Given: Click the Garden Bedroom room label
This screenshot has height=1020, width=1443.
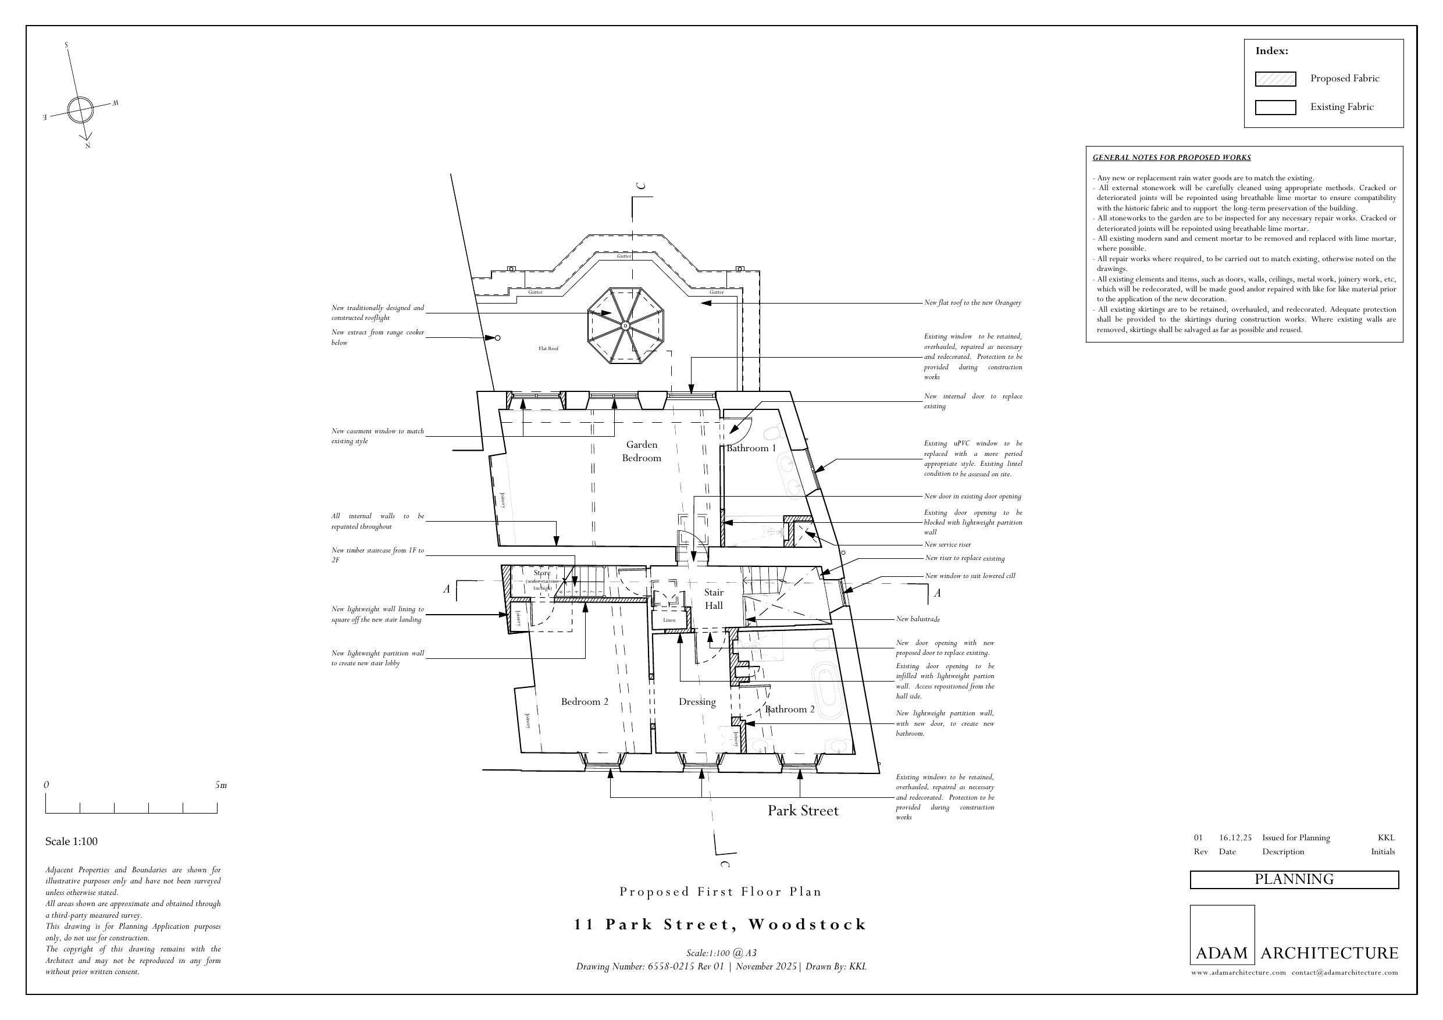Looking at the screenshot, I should point(641,451).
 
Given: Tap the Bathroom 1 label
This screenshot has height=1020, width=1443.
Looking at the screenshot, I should point(751,448).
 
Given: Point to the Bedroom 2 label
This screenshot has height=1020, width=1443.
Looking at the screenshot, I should point(585,701).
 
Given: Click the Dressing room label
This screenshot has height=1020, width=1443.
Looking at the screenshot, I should point(697,701).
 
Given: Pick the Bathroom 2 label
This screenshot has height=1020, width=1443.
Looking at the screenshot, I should point(789,709).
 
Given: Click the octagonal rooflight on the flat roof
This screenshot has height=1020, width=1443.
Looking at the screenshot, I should point(625,326).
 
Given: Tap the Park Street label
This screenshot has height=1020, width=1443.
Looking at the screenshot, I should point(803,811).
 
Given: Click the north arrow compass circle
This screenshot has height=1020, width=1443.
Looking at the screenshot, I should point(80,110).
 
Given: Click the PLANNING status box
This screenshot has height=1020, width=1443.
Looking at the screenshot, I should point(1294,879).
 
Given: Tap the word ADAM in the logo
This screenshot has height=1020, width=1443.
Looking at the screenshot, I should point(1221,953).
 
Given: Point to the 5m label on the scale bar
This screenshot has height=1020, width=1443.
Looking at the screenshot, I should point(220,785).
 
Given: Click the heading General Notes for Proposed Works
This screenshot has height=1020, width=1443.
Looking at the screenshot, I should point(1171,158).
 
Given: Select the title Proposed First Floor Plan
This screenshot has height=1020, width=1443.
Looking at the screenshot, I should point(720,892).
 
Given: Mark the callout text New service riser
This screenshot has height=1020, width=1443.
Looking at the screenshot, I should point(947,545).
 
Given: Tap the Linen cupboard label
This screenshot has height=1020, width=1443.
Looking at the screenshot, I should point(669,620).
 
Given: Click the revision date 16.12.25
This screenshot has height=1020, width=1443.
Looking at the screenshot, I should point(1235,838).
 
